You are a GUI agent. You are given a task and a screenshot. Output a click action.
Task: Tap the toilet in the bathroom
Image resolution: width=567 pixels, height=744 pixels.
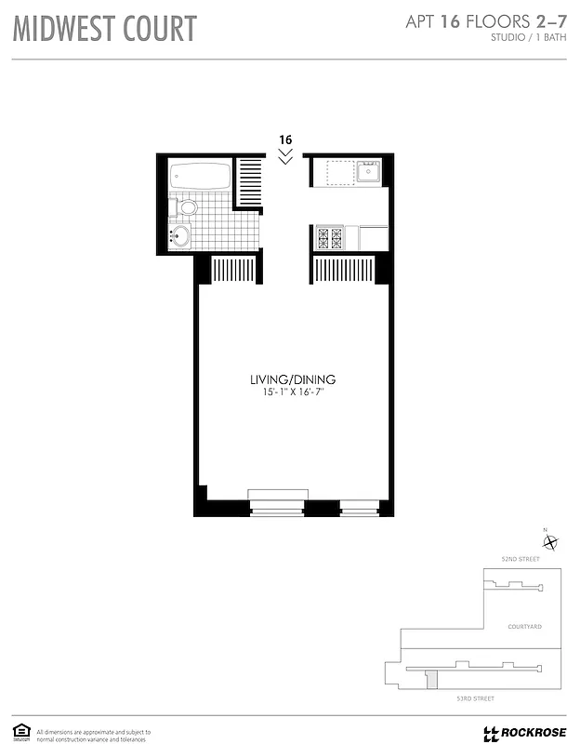[x=187, y=206]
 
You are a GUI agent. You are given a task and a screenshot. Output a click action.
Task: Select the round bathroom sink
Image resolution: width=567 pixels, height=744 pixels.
[x=180, y=235]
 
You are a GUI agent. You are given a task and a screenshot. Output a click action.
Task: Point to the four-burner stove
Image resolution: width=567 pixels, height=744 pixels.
[x=330, y=237]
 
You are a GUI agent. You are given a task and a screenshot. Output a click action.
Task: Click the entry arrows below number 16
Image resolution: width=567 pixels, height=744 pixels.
[x=284, y=156]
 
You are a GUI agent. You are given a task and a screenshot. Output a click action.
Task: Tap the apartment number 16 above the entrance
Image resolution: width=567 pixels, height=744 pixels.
[x=284, y=139]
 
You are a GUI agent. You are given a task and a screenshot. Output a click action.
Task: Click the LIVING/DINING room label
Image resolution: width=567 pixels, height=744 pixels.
[x=292, y=379]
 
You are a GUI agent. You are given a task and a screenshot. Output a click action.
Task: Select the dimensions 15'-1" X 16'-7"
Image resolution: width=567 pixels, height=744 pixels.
[x=292, y=394]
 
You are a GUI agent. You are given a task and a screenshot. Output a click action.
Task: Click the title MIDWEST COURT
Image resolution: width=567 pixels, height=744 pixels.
[x=104, y=29]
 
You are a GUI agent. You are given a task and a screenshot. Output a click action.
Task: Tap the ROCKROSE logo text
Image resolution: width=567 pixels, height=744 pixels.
[x=528, y=733]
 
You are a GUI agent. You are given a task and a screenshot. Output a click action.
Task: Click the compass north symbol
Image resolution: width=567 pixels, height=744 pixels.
[x=550, y=543]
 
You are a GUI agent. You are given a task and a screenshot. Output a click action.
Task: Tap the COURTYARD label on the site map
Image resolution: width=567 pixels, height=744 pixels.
[x=524, y=628]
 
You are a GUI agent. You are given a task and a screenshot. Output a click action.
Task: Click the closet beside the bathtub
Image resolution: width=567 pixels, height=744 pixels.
[x=249, y=182]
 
